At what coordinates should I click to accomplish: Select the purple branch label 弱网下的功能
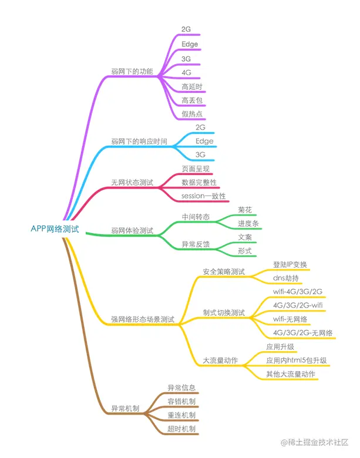(132, 72)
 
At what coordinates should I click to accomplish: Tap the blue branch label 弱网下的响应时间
(139, 142)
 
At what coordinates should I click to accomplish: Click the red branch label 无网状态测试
(132, 183)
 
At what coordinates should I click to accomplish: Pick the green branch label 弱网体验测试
(132, 231)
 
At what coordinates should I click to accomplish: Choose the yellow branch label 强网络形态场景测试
(143, 319)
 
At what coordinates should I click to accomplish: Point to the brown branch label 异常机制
(125, 408)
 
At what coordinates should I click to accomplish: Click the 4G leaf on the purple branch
(186, 72)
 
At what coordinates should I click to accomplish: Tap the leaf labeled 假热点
(192, 114)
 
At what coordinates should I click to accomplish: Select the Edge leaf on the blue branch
(204, 142)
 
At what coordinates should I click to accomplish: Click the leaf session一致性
(204, 196)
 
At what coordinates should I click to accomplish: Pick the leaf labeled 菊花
(245, 210)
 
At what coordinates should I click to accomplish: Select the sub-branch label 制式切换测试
(224, 312)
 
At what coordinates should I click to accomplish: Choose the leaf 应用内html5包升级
(296, 360)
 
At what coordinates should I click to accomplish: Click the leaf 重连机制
(181, 415)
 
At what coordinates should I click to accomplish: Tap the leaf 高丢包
(192, 100)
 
